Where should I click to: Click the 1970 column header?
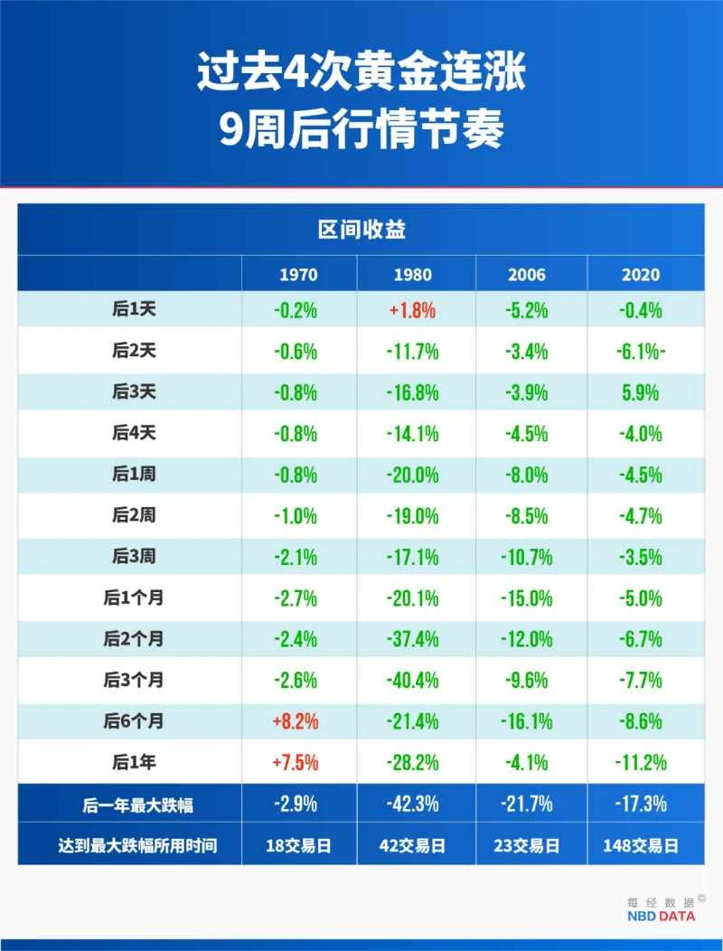[x=298, y=275]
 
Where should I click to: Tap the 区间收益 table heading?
[x=361, y=230]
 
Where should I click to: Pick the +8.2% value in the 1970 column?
[x=296, y=721]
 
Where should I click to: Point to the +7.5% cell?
[x=296, y=762]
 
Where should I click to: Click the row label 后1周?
[x=134, y=474]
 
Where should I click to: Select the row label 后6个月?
[x=134, y=720]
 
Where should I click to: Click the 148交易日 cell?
[x=641, y=846]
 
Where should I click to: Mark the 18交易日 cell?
[x=298, y=846]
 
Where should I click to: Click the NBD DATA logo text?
[x=662, y=916]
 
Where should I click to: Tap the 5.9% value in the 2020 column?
[x=641, y=392]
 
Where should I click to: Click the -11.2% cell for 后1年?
[x=641, y=762]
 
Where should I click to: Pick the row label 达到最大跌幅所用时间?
[x=134, y=846]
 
